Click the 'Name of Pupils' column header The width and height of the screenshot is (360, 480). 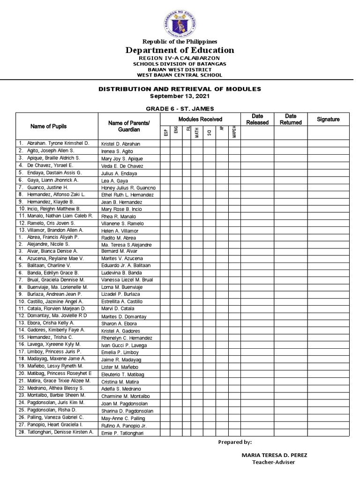pyautogui.click(x=48, y=126)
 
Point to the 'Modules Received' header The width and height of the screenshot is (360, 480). pyautogui.click(x=200, y=119)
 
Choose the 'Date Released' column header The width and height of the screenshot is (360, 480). pyautogui.click(x=257, y=119)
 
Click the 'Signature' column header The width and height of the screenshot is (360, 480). pyautogui.click(x=328, y=119)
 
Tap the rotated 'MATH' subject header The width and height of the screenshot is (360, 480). pyautogui.click(x=197, y=133)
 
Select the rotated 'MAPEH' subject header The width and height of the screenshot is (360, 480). pyautogui.click(x=234, y=133)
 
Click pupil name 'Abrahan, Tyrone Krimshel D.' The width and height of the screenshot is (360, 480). pyautogui.click(x=57, y=143)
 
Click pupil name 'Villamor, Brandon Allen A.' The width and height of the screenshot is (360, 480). pyautogui.click(x=56, y=231)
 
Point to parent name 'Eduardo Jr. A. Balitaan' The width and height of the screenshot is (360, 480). pyautogui.click(x=126, y=266)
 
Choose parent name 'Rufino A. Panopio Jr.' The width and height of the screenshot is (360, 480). pyautogui.click(x=124, y=426)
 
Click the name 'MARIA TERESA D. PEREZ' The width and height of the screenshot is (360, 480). pyautogui.click(x=274, y=455)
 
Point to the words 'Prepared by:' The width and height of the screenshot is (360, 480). pyautogui.click(x=235, y=442)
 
